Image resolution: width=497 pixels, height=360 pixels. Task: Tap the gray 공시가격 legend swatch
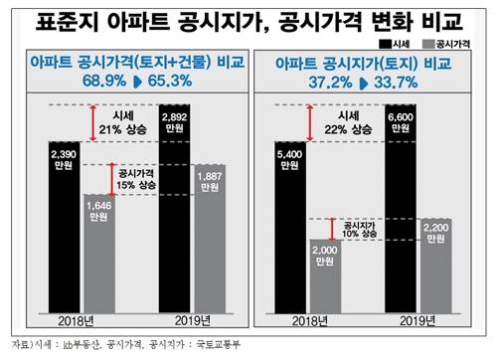pyautogui.click(x=429, y=46)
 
